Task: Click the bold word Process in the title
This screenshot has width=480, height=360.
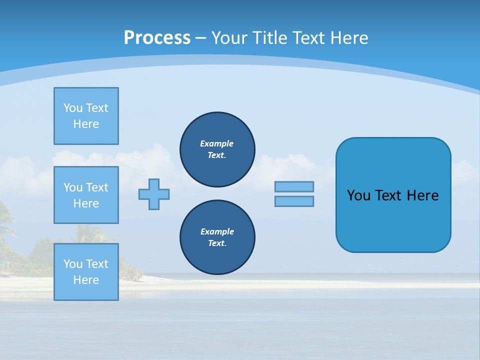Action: coord(157,38)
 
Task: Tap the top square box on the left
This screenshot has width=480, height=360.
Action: coord(86,116)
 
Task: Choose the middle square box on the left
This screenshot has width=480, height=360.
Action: coord(86,195)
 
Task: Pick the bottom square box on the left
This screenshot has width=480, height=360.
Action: coord(86,272)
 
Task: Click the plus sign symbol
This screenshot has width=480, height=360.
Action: coord(154,194)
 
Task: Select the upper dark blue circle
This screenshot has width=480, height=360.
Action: coord(217,149)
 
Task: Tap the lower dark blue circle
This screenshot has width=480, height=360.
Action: coord(217,237)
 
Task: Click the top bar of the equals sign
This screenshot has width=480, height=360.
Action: coord(294,186)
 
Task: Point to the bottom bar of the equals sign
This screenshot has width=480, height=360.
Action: coord(294,201)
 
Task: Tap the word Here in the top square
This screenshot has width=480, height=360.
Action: coord(86,124)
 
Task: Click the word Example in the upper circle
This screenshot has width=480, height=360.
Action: coord(217,143)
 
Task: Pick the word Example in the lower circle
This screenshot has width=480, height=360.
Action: coord(217,231)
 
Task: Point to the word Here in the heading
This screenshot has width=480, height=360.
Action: coord(350,38)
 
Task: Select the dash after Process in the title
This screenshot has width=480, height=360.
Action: coord(200,38)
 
